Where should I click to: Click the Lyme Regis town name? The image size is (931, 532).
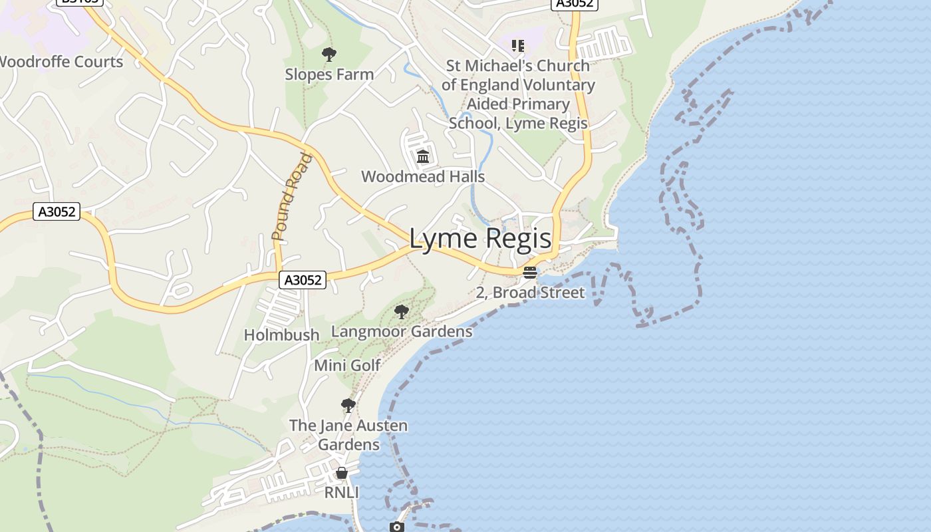click(480, 239)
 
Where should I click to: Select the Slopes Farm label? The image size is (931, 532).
click(329, 74)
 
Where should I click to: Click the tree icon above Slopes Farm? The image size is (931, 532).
click(329, 55)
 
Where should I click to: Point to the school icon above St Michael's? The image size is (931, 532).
click(518, 46)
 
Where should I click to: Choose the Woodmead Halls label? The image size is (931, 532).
click(423, 177)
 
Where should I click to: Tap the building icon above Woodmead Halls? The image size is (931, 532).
click(423, 157)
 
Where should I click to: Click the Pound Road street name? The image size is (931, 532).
click(291, 197)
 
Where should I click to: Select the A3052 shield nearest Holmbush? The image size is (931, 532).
click(303, 280)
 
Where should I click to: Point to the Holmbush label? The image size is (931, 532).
click(281, 335)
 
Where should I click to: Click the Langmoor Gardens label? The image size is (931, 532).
click(402, 331)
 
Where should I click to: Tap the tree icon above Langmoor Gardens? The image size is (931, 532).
click(401, 311)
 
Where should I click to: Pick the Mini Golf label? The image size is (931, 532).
click(347, 365)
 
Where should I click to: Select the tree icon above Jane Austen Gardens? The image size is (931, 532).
click(348, 406)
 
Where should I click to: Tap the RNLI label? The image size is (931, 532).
click(341, 493)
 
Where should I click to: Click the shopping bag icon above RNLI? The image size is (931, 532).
click(341, 473)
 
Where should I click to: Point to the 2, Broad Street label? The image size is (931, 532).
click(530, 293)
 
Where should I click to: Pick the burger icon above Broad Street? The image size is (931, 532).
click(530, 273)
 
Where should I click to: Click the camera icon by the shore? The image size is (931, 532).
click(396, 527)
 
